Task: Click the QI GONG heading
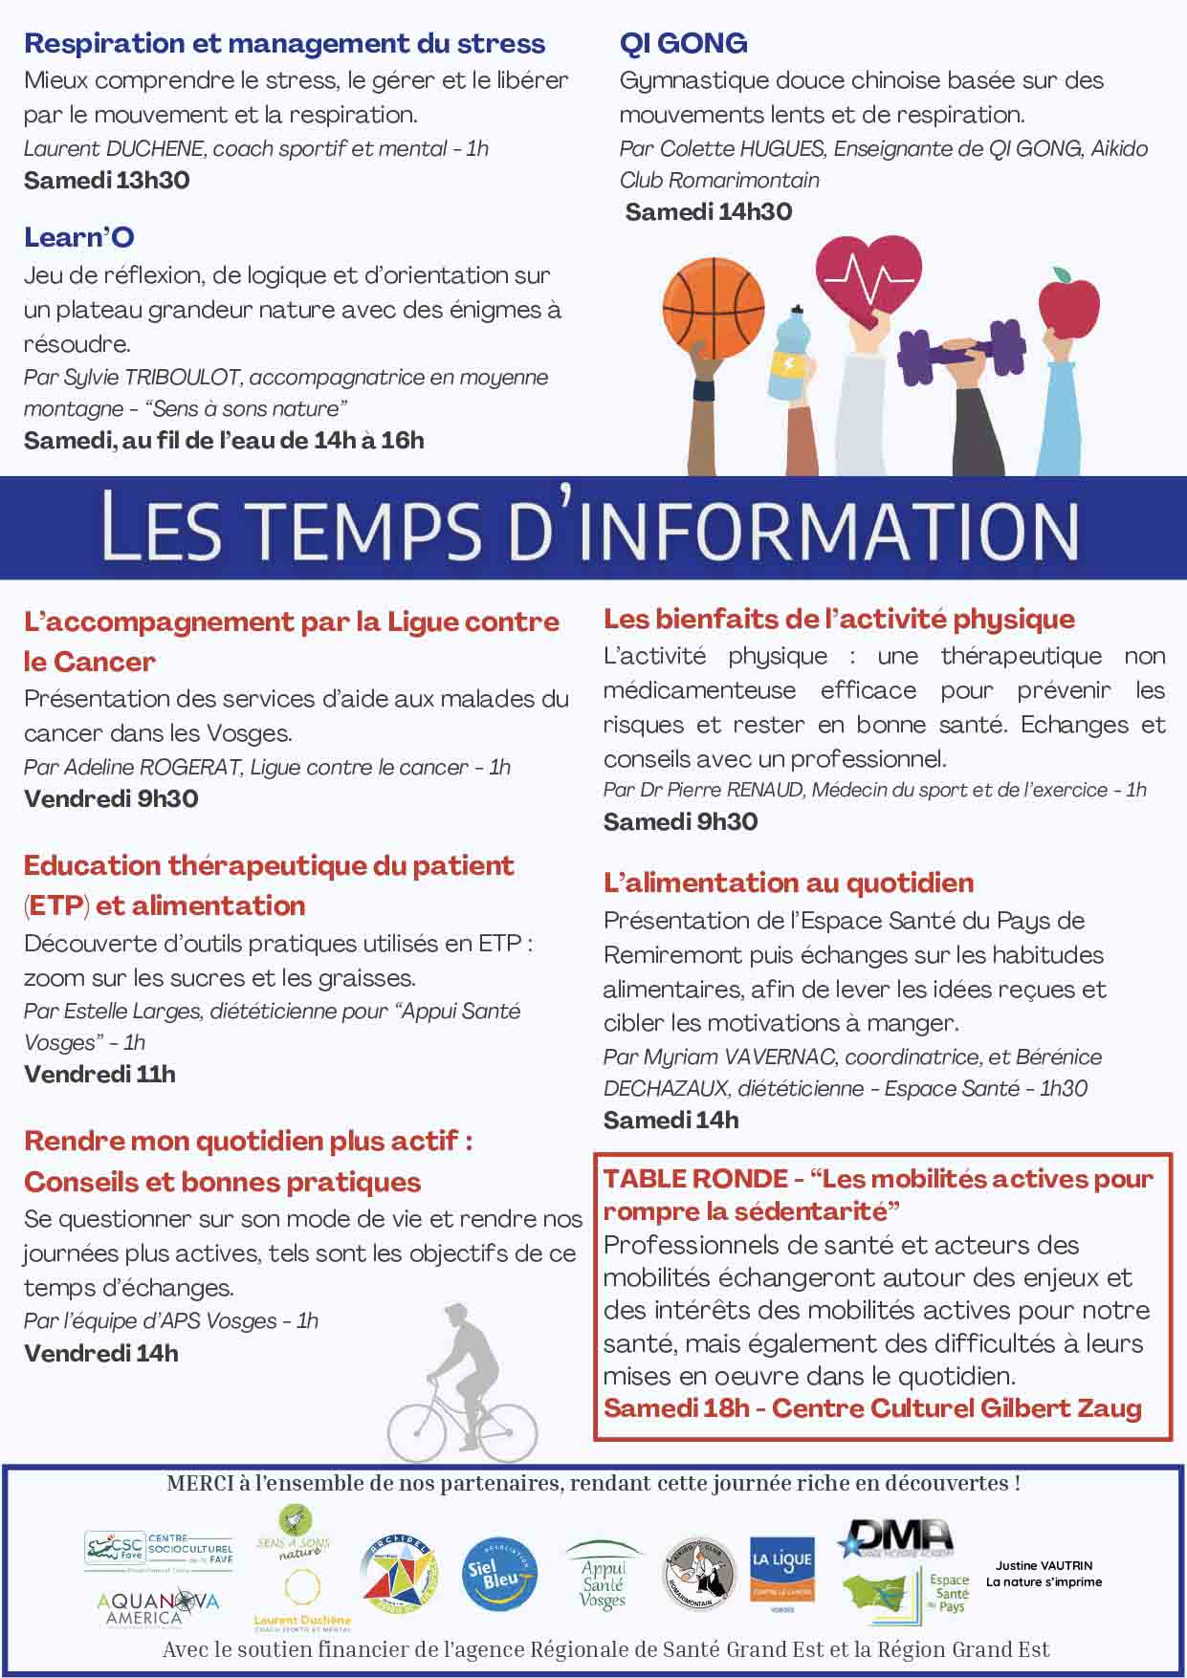click(683, 43)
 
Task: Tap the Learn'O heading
click(78, 237)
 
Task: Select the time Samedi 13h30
click(106, 180)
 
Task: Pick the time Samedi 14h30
click(708, 211)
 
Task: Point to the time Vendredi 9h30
click(111, 798)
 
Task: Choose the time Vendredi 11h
click(99, 1074)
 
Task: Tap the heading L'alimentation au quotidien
click(788, 883)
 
